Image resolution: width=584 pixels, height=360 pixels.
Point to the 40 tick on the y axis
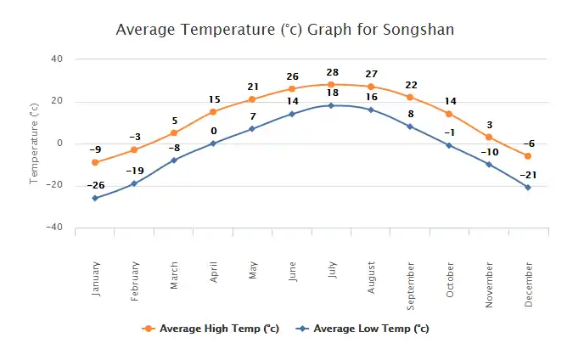click(x=57, y=59)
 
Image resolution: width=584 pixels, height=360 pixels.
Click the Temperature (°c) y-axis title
click(x=35, y=143)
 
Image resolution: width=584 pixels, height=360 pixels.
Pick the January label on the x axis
click(x=95, y=276)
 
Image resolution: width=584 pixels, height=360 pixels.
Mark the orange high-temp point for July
click(x=331, y=84)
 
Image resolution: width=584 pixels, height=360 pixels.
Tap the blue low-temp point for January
click(x=95, y=198)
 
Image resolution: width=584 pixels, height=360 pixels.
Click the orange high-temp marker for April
click(x=213, y=112)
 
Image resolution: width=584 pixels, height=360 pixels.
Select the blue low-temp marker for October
click(x=449, y=145)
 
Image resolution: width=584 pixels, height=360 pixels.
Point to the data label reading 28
click(x=331, y=72)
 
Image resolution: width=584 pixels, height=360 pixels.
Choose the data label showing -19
click(x=134, y=171)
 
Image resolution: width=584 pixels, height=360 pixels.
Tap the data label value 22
click(x=410, y=85)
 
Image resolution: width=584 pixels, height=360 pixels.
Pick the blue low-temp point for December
click(x=528, y=188)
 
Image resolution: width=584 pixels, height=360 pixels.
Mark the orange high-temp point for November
click(x=489, y=137)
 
